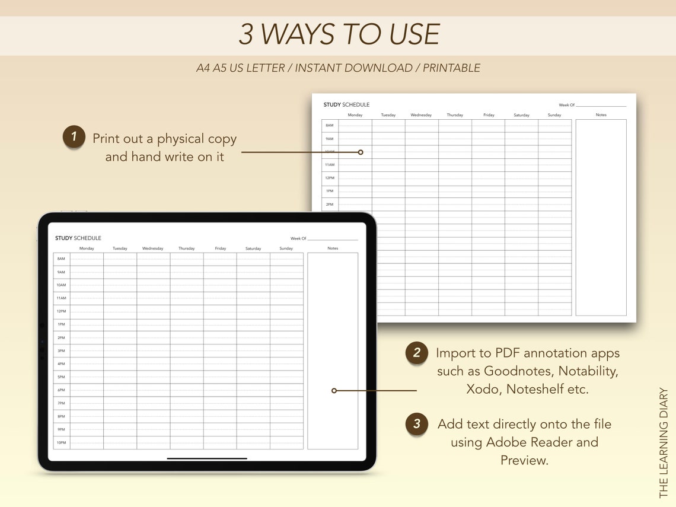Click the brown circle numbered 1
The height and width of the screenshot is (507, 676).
(x=74, y=137)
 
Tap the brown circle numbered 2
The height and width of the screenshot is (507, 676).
(x=417, y=353)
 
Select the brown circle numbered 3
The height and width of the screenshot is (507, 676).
(x=417, y=424)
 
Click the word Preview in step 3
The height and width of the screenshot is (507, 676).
(x=524, y=460)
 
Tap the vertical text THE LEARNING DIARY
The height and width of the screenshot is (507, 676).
(x=664, y=442)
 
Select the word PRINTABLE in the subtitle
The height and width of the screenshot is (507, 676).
(x=451, y=68)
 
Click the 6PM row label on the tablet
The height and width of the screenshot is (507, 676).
(x=61, y=390)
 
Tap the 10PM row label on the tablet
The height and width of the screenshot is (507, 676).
(x=61, y=443)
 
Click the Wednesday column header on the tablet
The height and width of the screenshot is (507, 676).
(x=152, y=248)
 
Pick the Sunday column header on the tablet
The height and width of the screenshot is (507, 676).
(x=286, y=248)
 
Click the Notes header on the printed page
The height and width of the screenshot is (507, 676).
(x=601, y=115)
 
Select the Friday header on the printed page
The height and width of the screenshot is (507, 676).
(x=489, y=115)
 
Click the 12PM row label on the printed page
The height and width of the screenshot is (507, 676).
(x=329, y=178)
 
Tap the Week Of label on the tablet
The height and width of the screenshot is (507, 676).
(x=298, y=238)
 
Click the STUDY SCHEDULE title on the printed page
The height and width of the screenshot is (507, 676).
(x=346, y=105)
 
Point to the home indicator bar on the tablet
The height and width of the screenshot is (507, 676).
(x=207, y=458)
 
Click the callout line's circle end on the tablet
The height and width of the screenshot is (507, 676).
(x=334, y=391)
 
